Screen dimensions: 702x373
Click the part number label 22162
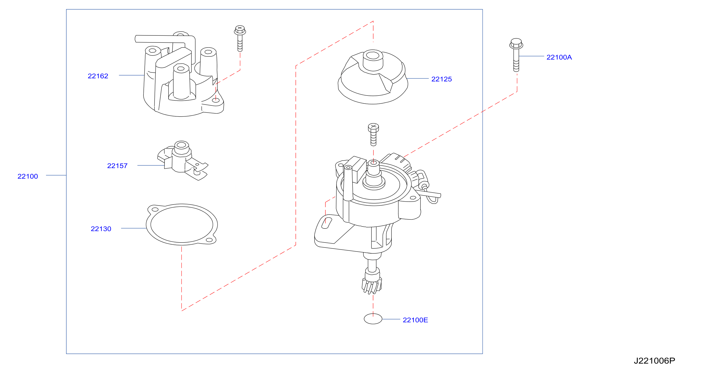[x=98, y=76]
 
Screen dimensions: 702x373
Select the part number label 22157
[x=117, y=166]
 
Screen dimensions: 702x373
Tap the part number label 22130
[x=101, y=229]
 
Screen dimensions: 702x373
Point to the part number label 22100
[x=28, y=176]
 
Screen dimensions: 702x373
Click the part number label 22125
[x=441, y=79]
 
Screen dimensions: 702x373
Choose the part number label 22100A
[x=559, y=57]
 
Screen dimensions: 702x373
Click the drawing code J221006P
[x=654, y=361]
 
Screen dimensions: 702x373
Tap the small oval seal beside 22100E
[x=373, y=319]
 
